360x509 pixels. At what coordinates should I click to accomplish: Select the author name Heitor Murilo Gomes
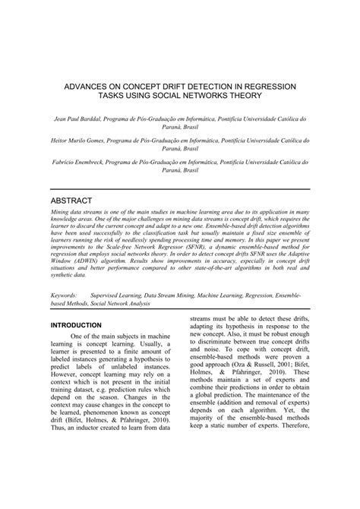click(79, 141)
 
